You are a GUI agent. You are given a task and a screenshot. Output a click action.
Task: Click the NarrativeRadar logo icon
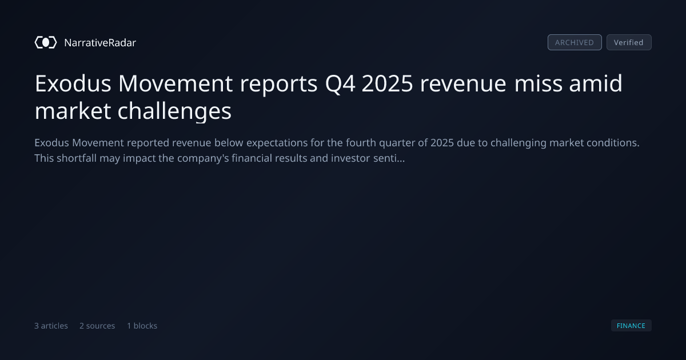[x=46, y=42]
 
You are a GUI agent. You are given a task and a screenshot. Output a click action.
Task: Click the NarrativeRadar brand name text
[x=100, y=42]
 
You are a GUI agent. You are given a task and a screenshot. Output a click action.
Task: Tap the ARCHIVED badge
[x=575, y=42]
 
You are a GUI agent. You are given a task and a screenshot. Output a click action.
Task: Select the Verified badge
[x=629, y=42]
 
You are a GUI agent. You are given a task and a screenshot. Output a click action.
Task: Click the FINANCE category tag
[x=631, y=325]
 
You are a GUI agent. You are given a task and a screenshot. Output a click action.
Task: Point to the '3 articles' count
[x=51, y=326]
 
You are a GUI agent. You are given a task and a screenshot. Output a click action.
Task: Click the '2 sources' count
[x=97, y=326]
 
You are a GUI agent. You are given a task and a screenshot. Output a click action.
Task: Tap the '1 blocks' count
[x=142, y=326]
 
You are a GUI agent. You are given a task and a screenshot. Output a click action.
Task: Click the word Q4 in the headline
[x=340, y=84]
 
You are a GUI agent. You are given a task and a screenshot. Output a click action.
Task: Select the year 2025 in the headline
[x=388, y=83]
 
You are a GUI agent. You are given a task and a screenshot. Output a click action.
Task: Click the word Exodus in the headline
[x=73, y=83]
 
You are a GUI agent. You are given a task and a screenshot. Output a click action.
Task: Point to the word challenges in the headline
[x=174, y=112]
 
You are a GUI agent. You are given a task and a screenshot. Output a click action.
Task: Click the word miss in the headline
[x=538, y=83]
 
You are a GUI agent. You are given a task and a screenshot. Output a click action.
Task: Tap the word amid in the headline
[x=596, y=83]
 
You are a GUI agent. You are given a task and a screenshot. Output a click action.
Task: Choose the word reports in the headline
[x=279, y=85]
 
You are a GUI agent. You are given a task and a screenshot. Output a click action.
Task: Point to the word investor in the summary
[x=350, y=158]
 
